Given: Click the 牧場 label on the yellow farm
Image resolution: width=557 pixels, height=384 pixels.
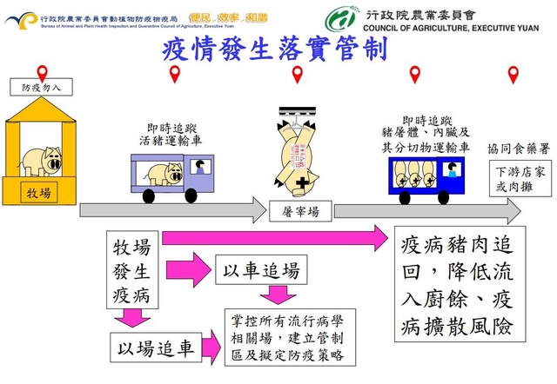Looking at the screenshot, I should [x=38, y=191].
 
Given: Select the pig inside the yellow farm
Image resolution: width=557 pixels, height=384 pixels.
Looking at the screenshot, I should [x=40, y=160].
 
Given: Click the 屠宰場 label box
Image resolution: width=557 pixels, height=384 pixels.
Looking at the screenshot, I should [x=299, y=210].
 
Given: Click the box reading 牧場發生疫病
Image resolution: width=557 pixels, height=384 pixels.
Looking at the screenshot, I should [x=131, y=270].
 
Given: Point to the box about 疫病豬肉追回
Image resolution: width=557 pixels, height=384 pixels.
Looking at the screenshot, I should [x=456, y=285].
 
